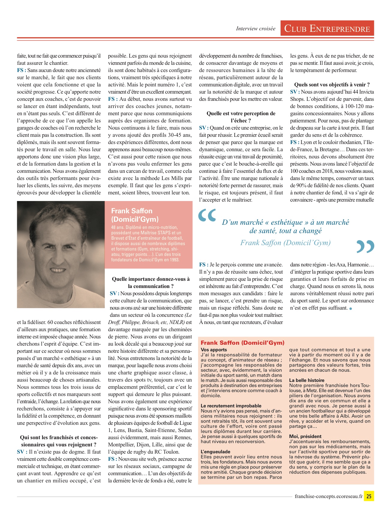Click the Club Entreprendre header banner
327,28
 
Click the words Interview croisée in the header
255,29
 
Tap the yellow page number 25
369,496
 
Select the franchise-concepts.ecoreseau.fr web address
328,496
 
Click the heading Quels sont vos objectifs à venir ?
332,85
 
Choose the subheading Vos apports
214,350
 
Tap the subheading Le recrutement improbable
231,406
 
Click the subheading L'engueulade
215,452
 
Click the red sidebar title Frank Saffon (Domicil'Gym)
242,343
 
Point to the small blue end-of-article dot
350,308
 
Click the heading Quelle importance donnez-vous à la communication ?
151,283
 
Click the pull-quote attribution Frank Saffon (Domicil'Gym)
285,243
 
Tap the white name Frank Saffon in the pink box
132,211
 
